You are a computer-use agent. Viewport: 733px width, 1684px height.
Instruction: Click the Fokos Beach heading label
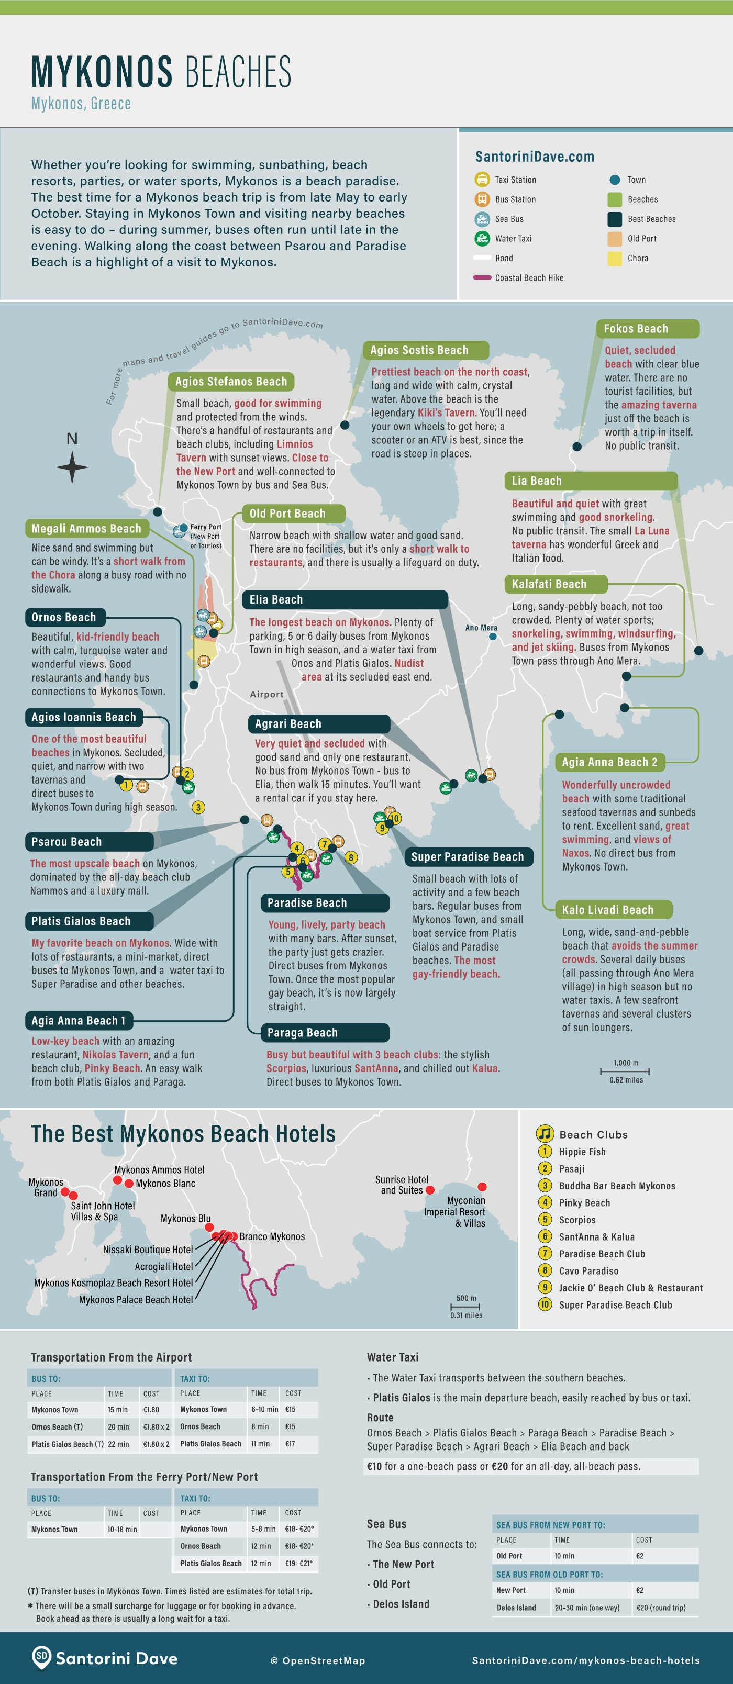pos(636,329)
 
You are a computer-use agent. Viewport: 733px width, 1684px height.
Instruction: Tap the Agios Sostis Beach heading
pos(419,350)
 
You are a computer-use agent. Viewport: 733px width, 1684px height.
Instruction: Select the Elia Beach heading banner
pos(276,599)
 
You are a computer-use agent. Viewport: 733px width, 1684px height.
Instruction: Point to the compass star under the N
pos(72,467)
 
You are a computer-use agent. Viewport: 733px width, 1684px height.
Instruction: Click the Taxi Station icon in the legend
pos(482,179)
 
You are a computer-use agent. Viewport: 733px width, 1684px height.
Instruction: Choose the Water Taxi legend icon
pos(482,238)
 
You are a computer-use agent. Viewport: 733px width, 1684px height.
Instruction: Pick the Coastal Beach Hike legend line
pos(482,278)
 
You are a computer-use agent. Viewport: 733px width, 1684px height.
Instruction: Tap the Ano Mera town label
pos(481,628)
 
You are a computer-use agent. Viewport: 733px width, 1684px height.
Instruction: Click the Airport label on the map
pos(267,694)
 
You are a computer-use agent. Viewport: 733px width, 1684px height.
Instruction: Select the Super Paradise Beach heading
pos(468,857)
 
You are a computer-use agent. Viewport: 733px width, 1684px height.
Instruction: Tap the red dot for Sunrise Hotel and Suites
pos(430,1190)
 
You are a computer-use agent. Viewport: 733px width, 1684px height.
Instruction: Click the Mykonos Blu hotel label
pos(186,1218)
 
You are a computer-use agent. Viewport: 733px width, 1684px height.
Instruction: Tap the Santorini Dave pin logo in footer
pos(41,1657)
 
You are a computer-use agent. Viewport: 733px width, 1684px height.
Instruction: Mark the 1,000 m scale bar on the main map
pos(625,1072)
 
